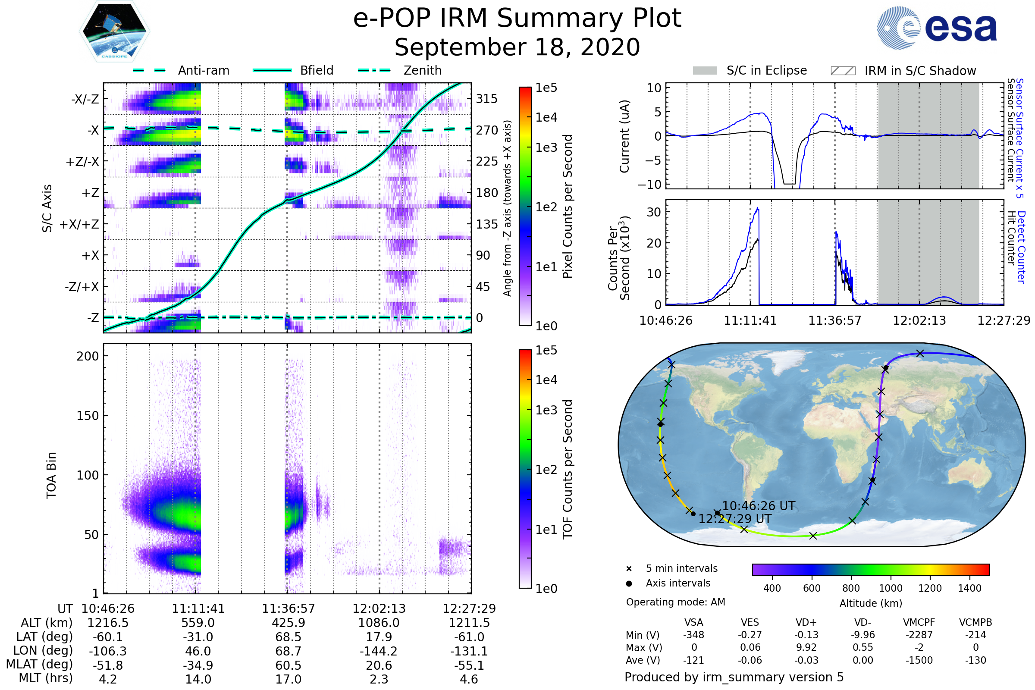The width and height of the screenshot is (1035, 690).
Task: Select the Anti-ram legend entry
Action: point(203,70)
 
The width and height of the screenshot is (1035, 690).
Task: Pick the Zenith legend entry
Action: point(422,70)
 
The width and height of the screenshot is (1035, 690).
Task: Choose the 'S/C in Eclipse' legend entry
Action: point(766,70)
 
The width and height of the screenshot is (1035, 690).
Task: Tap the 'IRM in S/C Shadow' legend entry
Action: point(920,71)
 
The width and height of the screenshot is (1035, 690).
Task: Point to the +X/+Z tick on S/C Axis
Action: point(79,224)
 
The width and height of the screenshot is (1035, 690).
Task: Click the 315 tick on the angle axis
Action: point(486,99)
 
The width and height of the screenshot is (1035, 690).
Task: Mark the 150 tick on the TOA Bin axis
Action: point(88,416)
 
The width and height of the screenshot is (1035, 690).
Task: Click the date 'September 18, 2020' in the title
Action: point(517,47)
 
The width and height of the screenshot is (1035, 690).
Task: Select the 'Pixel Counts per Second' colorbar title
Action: point(568,207)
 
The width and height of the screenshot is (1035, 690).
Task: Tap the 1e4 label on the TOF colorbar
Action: point(546,380)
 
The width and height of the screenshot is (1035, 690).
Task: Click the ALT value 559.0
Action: point(198,623)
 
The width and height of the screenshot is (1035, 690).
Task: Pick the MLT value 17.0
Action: point(288,679)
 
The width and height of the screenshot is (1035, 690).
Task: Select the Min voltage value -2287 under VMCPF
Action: point(919,635)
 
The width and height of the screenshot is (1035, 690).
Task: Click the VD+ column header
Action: point(806,622)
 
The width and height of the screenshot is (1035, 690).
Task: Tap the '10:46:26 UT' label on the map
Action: point(758,506)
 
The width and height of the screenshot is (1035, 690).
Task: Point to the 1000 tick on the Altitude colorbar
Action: point(890,588)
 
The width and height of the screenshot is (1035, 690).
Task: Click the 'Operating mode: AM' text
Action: point(675,602)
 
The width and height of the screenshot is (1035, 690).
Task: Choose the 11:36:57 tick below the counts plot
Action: point(834,320)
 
